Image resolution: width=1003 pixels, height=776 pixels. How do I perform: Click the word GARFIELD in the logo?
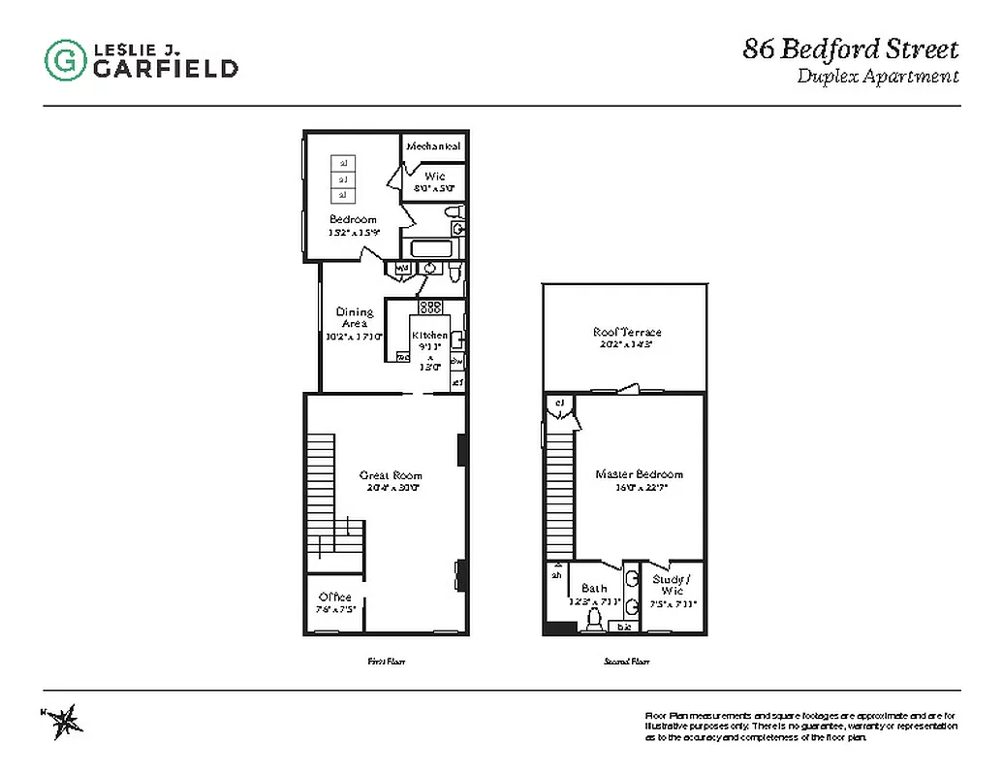166,68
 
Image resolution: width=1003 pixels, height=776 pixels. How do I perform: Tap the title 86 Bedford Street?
851,48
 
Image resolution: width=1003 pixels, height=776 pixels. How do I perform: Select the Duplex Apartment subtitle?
877,77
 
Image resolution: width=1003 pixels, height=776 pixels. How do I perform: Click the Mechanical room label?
433,145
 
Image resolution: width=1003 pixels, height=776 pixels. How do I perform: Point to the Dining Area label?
355,317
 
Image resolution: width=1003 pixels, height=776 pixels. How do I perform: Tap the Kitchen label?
430,336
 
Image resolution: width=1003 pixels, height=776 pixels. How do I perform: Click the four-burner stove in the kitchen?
430,307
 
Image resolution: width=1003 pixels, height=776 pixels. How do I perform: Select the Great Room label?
391,475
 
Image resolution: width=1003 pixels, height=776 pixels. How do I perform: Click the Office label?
335,597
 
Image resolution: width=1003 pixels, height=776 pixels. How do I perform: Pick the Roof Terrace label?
627,333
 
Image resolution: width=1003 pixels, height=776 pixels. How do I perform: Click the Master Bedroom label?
639,474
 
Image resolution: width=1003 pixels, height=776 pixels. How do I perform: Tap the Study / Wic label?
672,584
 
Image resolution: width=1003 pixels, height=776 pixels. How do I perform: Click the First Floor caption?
385,662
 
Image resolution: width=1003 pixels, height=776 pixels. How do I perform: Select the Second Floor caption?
626,662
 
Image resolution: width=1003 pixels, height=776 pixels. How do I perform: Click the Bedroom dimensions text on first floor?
354,232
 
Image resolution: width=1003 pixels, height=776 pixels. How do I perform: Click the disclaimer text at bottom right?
800,727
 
